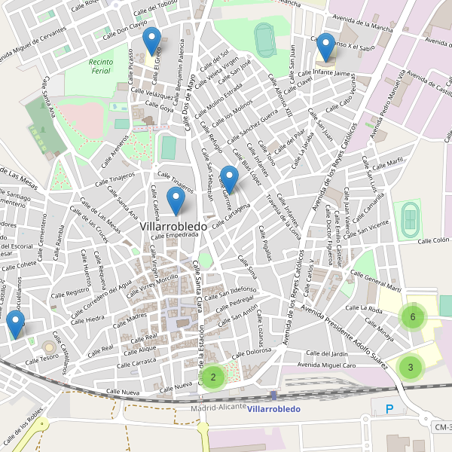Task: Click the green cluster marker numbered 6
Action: [x=412, y=317]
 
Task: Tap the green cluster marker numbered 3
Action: [x=411, y=368]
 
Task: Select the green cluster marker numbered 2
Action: [x=213, y=377]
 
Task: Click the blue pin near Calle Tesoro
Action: [x=15, y=324]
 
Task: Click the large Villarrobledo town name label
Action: [x=174, y=224]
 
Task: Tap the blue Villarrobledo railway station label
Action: [x=273, y=409]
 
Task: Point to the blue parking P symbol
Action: [x=389, y=410]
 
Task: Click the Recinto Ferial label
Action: [x=100, y=66]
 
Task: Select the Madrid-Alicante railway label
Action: [x=218, y=407]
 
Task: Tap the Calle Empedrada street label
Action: [x=174, y=235]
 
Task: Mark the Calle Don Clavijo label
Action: [x=121, y=29]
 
